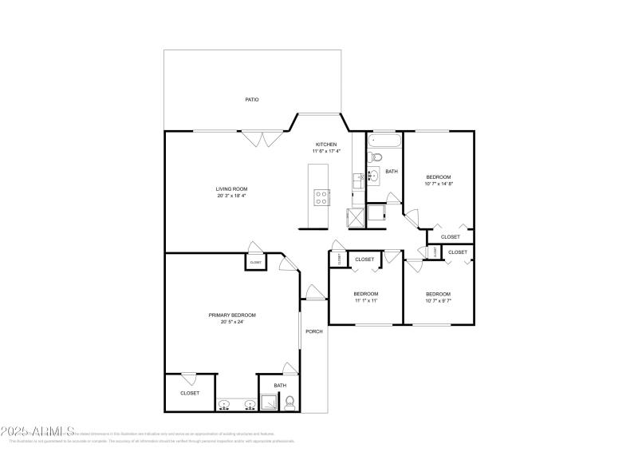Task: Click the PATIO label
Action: point(252,100)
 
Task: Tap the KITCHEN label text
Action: point(326,145)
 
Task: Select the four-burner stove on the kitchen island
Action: point(322,197)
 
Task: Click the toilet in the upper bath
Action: point(373,159)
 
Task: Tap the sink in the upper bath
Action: point(372,176)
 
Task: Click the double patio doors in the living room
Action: point(262,140)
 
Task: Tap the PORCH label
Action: point(314,331)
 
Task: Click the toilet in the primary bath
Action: point(289,402)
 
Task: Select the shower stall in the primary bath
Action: point(270,403)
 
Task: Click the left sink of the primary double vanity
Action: point(226,404)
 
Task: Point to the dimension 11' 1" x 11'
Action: point(365,301)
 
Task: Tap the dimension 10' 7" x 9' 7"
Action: point(439,301)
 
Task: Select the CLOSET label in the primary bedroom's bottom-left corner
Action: point(190,393)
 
